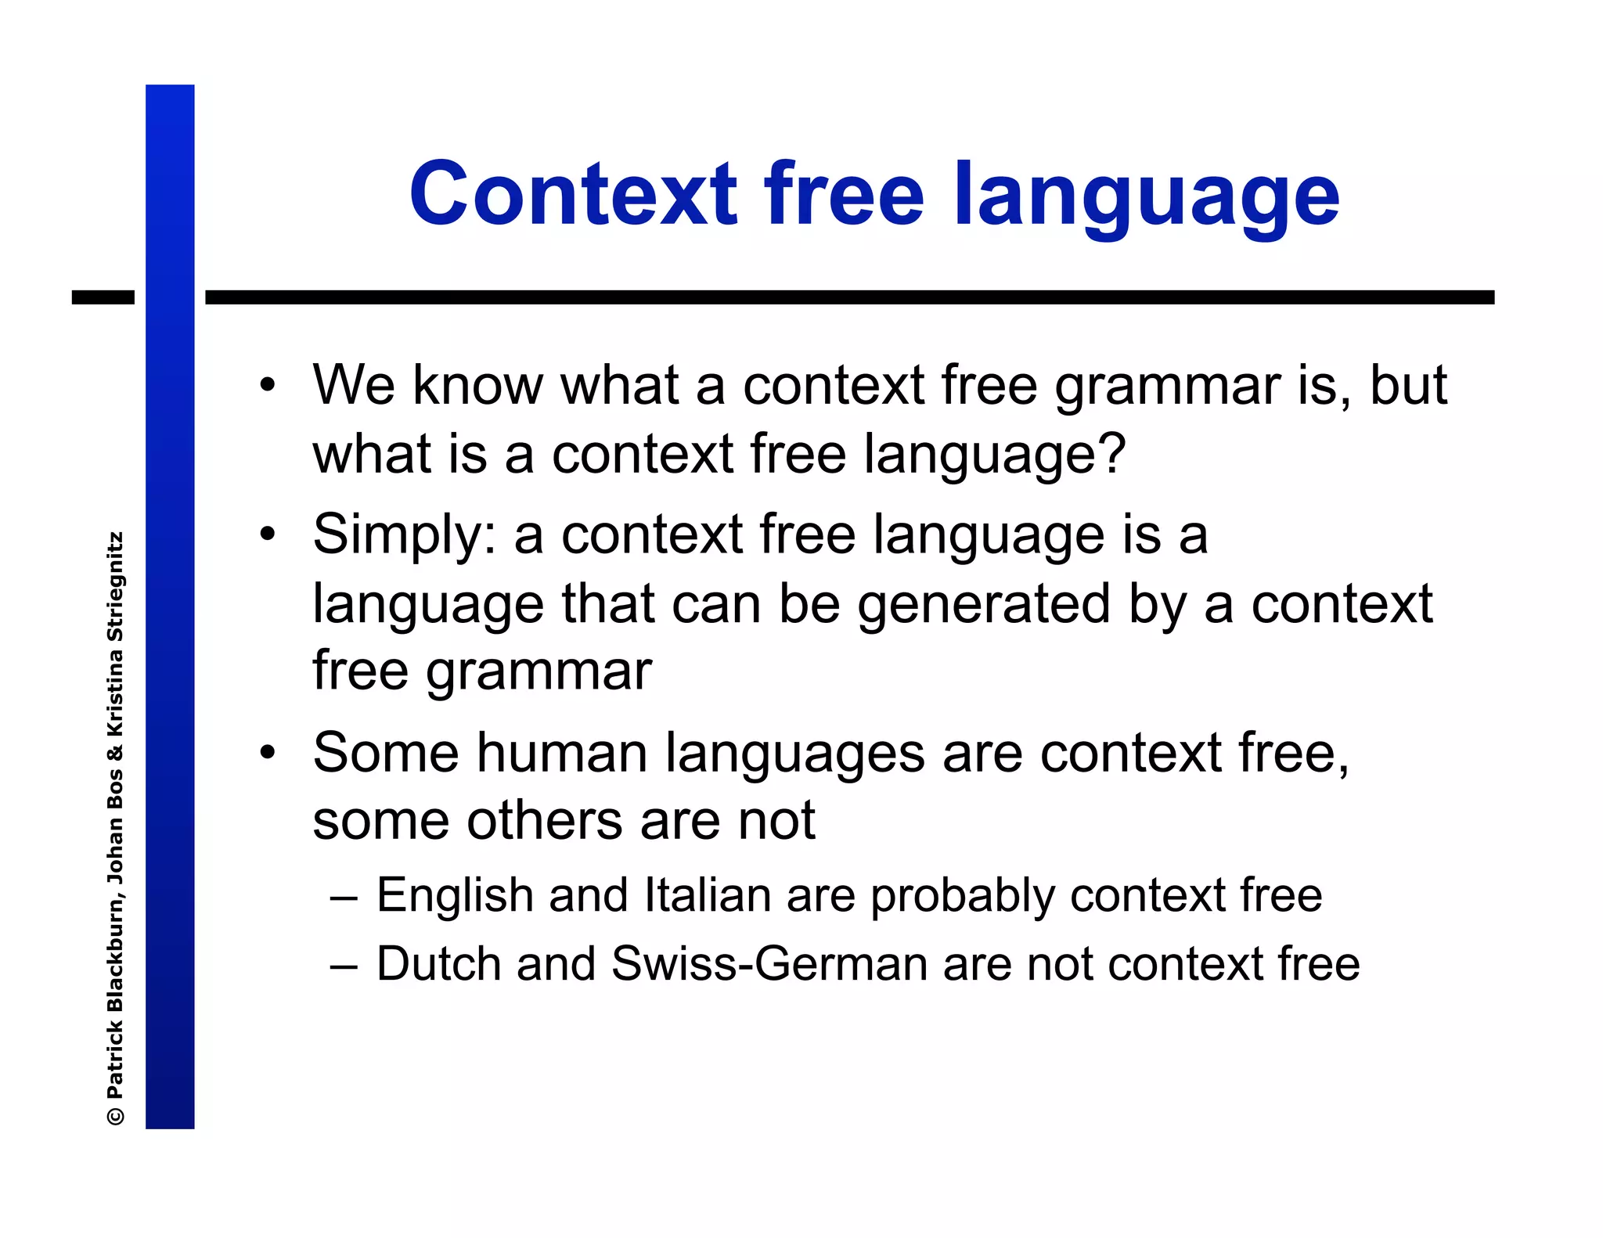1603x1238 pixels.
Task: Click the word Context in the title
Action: pyautogui.click(x=573, y=193)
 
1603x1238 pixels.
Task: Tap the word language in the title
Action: pyautogui.click(x=1147, y=196)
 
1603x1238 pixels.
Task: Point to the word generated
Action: pyautogui.click(x=984, y=605)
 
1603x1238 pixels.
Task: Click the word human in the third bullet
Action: pyautogui.click(x=562, y=754)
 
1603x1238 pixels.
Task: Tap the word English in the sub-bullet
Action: pyautogui.click(x=455, y=897)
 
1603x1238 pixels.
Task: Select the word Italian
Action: pyautogui.click(x=708, y=895)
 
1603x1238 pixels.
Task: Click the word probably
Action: pyautogui.click(x=963, y=897)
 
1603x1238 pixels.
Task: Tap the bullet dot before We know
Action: pyautogui.click(x=268, y=386)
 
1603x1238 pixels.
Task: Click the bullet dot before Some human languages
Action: pyautogui.click(x=268, y=753)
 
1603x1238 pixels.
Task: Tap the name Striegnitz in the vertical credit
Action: pyautogui.click(x=115, y=588)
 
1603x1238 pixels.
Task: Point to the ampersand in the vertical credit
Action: pyautogui.click(x=115, y=754)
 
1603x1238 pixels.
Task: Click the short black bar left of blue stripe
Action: pyautogui.click(x=103, y=297)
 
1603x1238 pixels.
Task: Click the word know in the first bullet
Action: pyautogui.click(x=477, y=386)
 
